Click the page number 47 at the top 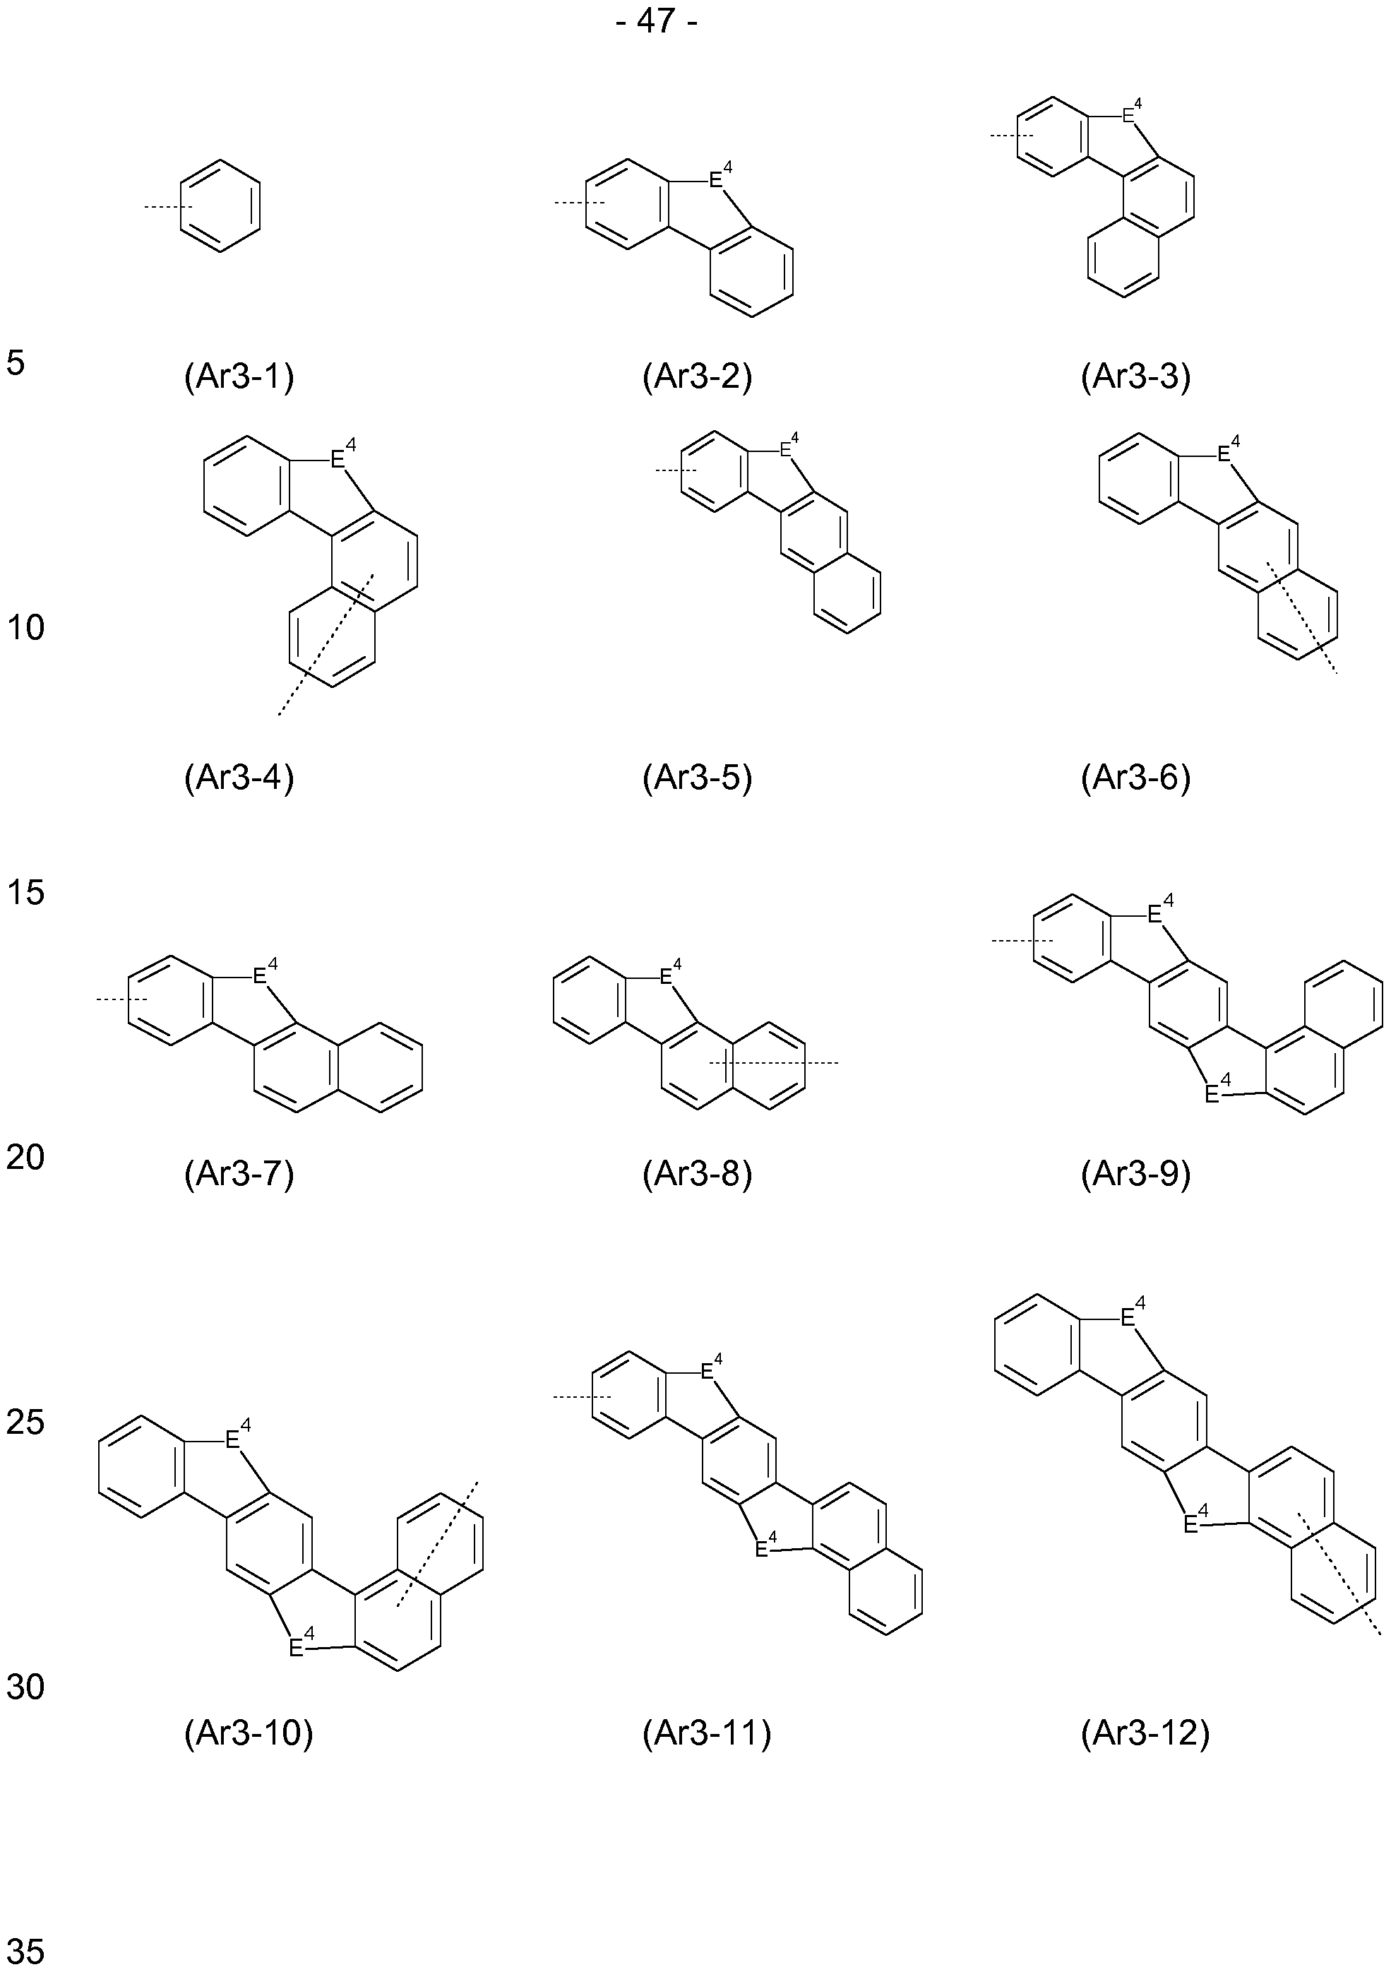(656, 20)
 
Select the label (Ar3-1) (239, 377)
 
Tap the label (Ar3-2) (697, 377)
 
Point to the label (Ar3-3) (1136, 377)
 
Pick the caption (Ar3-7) (239, 1174)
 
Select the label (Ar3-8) (697, 1174)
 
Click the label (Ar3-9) (1136, 1174)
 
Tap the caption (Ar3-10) (249, 1734)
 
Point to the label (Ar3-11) (707, 1734)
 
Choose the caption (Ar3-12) (1145, 1734)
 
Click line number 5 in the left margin (16, 363)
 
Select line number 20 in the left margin (25, 1158)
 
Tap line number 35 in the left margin (25, 1952)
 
